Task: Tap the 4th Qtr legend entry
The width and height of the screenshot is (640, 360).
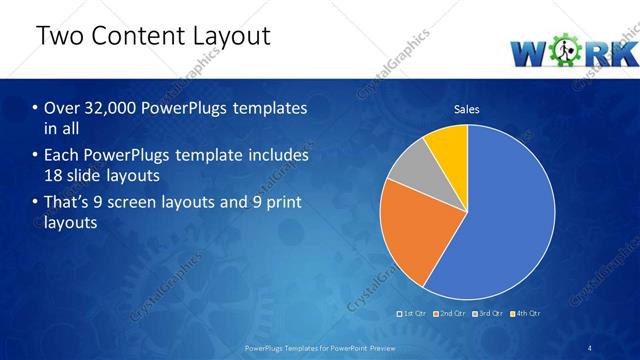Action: pos(526,313)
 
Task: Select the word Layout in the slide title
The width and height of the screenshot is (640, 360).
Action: pos(230,37)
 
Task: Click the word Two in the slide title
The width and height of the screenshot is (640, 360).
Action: pos(59,37)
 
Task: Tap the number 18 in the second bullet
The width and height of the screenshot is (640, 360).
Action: pos(54,176)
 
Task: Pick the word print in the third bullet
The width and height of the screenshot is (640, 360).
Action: pos(284,204)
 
